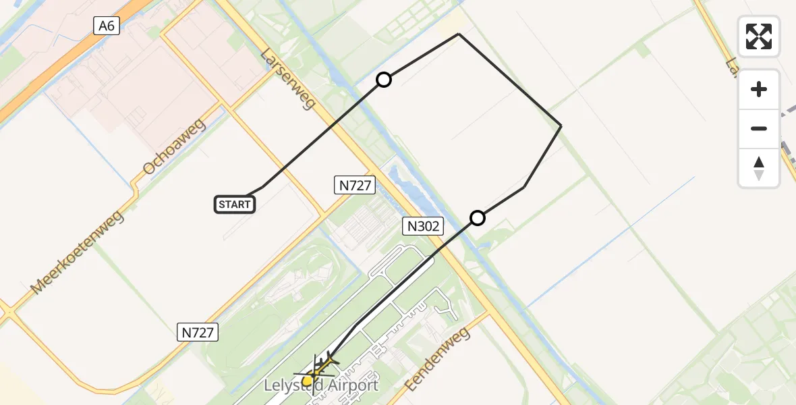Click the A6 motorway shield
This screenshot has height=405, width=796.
107,26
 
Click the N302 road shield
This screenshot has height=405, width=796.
424,226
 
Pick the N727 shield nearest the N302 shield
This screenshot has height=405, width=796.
355,185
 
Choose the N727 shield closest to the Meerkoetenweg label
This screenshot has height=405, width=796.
198,332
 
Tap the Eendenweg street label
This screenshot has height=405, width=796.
436,359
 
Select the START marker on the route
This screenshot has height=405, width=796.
235,204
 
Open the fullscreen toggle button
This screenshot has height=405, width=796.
759,36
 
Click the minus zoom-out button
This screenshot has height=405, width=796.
759,128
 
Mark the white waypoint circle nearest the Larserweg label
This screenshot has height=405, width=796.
384,80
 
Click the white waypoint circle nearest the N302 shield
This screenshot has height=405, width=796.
478,218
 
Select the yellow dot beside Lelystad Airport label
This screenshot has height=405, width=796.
307,381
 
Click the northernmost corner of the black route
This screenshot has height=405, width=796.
459,34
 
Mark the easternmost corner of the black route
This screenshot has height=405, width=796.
561,126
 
